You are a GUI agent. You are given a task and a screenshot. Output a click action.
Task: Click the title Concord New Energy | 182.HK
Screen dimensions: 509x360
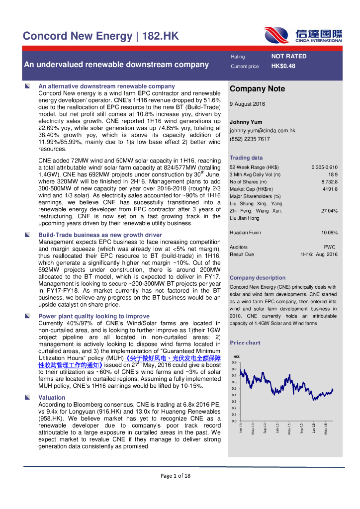(x=100, y=36)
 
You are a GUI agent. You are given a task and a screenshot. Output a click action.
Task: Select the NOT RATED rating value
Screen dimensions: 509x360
(x=288, y=56)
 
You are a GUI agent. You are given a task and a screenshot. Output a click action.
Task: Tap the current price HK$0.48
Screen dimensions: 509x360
(x=283, y=66)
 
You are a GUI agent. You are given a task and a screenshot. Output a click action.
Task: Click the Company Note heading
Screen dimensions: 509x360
(x=257, y=89)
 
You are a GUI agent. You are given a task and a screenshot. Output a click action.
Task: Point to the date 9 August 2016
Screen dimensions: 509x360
(x=247, y=104)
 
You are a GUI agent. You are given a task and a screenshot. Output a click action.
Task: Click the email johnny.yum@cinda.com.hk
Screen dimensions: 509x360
(x=262, y=131)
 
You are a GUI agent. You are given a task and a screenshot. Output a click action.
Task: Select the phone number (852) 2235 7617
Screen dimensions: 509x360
(x=250, y=139)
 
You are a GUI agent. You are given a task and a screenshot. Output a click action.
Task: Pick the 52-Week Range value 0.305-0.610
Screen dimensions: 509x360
(x=324, y=167)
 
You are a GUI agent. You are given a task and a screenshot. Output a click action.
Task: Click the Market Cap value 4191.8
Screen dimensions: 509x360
(x=330, y=189)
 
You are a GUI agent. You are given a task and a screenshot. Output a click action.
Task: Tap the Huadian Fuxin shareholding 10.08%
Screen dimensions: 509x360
(x=329, y=233)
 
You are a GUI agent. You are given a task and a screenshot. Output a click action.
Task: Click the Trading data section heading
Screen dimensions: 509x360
(x=246, y=158)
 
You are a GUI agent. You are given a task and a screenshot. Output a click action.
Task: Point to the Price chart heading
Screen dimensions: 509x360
(x=245, y=342)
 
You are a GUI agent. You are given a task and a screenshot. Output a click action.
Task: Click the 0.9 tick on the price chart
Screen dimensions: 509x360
(x=234, y=363)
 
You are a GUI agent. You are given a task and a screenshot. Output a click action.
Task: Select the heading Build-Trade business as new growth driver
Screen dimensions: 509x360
(x=100, y=235)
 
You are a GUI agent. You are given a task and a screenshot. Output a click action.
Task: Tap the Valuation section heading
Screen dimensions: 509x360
(x=52, y=398)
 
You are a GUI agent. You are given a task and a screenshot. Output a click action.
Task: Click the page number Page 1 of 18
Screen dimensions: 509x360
(x=175, y=476)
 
